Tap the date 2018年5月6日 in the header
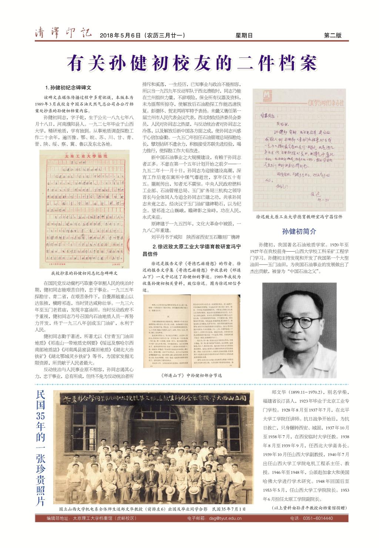(x=121, y=36)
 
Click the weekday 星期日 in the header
(x=244, y=36)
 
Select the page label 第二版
(x=332, y=36)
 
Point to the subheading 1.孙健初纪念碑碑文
(x=68, y=88)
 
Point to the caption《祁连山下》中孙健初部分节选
(x=192, y=375)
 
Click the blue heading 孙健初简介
(x=299, y=232)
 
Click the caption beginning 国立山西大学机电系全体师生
(x=152, y=509)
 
